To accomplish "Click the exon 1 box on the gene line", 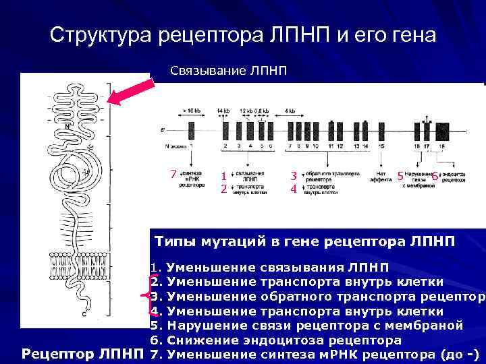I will point(192,131).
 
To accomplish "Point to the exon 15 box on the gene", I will point(382,131).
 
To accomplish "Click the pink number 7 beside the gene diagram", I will point(173,175).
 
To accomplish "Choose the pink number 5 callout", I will point(400,176).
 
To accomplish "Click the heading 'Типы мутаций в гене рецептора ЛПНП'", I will point(305,240).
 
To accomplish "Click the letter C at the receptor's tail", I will point(84,314).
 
